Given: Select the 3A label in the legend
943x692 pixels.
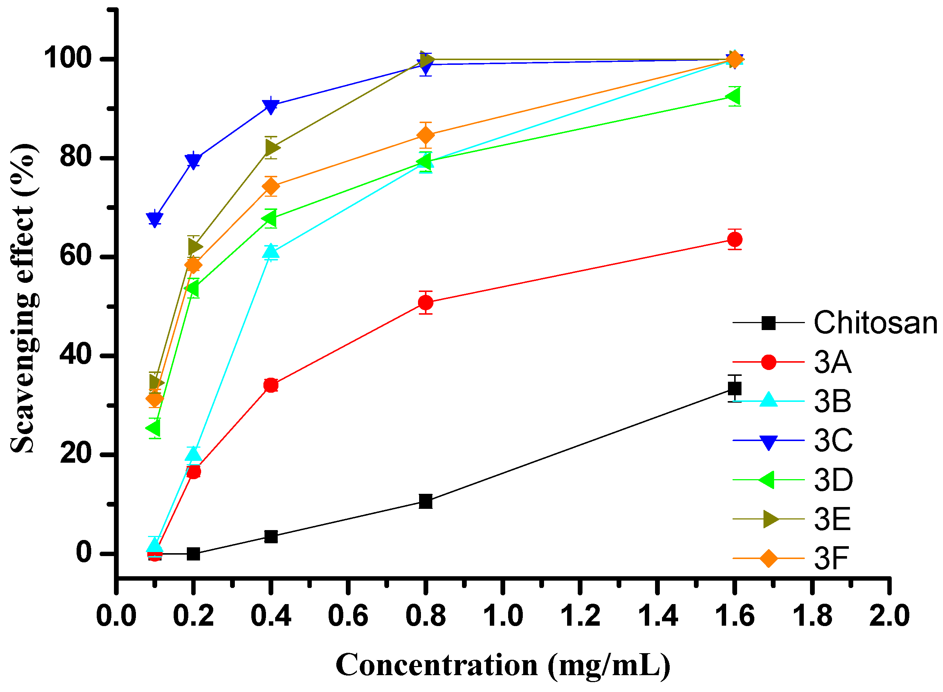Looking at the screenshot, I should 832,362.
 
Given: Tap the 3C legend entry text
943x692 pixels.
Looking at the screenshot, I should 833,441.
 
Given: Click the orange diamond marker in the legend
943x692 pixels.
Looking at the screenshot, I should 768,558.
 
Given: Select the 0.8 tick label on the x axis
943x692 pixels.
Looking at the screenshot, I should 425,616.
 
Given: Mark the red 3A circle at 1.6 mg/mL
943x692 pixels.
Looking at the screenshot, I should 735,240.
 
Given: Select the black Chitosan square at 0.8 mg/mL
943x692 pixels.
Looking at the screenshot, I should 425,501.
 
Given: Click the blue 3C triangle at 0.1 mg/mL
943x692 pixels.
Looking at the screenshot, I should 155,219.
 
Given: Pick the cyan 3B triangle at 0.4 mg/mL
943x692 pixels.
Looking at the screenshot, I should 271,251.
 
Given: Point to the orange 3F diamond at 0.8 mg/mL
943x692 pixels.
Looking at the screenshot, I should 425,135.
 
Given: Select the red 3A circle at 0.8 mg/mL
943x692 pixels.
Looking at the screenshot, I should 425,303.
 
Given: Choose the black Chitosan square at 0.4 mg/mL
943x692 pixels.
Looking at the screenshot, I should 271,536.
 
